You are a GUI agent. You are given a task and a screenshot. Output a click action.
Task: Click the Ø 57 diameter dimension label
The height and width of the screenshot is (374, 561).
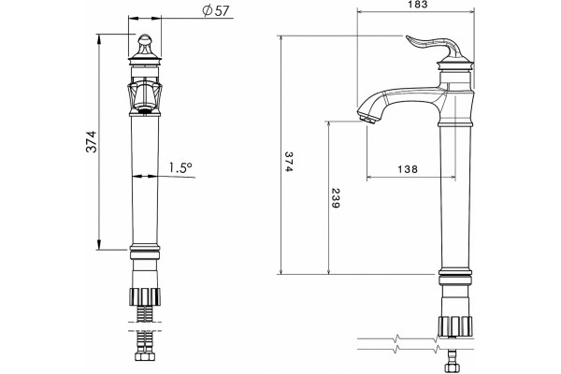[x=215, y=10]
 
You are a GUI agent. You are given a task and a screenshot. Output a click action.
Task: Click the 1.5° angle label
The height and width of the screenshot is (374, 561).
[x=180, y=167]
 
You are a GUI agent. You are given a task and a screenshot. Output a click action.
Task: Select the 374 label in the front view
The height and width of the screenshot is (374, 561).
[x=92, y=142]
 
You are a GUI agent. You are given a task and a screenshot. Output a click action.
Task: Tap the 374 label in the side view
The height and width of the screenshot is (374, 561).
[x=289, y=162]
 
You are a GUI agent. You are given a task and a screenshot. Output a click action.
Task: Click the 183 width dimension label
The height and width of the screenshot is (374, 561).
[x=418, y=5]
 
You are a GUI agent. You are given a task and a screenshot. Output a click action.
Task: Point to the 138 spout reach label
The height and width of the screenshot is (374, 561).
[x=408, y=169]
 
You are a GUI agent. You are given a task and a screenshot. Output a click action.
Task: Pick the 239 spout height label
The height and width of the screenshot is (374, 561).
[x=336, y=198]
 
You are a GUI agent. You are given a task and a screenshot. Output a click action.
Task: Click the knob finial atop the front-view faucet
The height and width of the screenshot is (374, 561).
[x=145, y=44]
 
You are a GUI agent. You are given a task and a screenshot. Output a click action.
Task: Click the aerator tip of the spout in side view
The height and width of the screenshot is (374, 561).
[x=367, y=118]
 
